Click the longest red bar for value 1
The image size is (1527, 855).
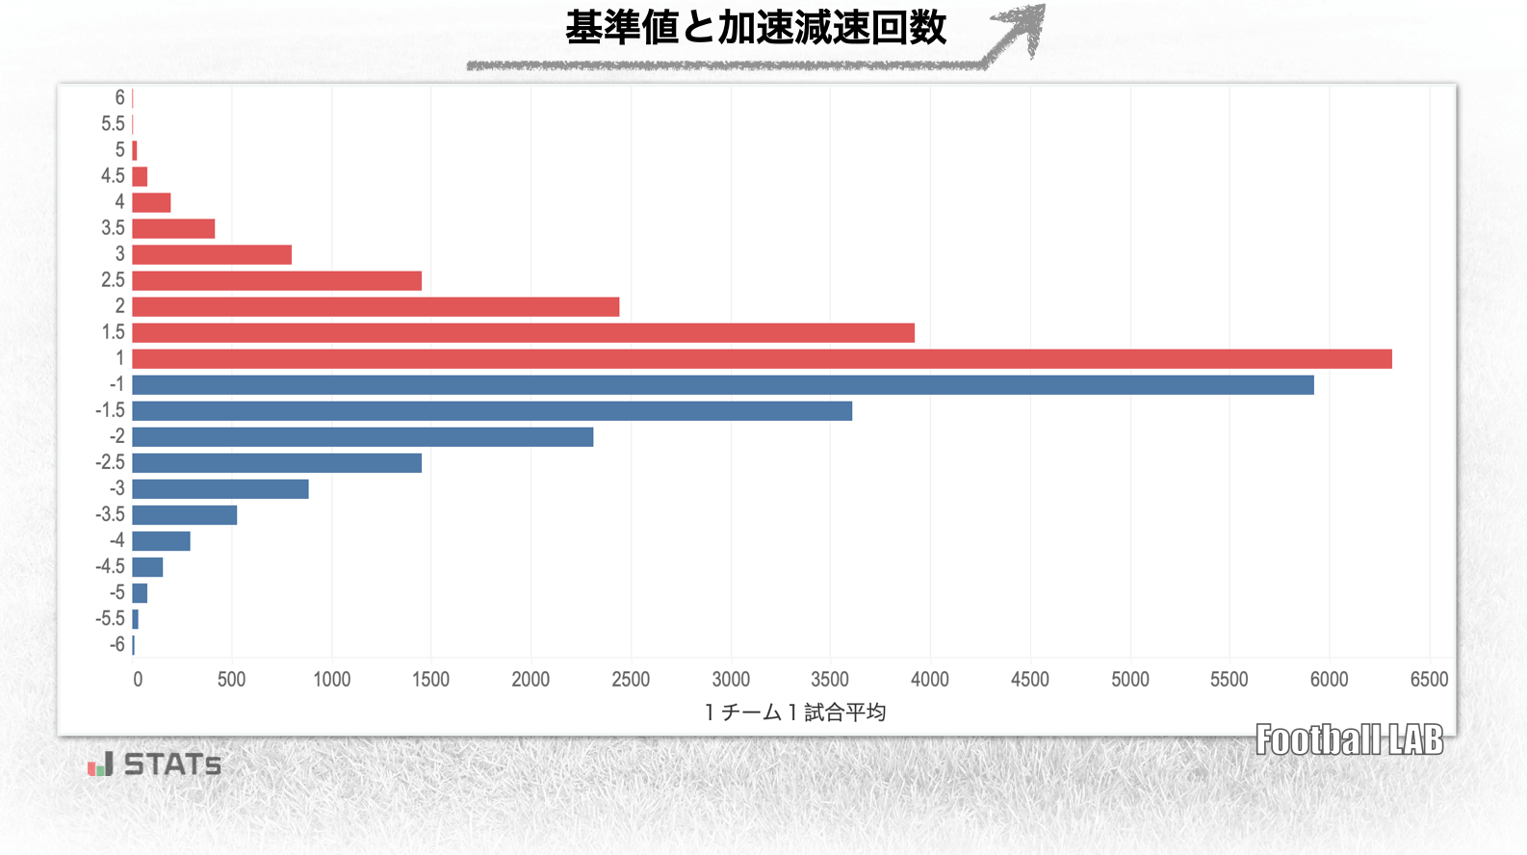click(x=762, y=359)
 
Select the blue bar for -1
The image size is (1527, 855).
click(x=722, y=385)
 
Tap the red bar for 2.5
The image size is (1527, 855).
click(x=276, y=281)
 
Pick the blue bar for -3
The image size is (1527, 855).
click(x=220, y=489)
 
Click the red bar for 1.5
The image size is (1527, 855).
click(x=523, y=333)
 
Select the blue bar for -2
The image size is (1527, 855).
click(x=362, y=437)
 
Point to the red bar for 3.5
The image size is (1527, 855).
click(x=173, y=229)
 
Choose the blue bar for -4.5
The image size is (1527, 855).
click(x=147, y=567)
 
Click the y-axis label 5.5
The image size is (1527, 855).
click(x=113, y=124)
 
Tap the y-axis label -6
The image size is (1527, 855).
click(x=116, y=645)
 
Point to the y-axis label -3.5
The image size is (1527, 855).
click(x=110, y=515)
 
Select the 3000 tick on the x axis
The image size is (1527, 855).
click(x=731, y=680)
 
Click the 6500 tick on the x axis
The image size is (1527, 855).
click(x=1429, y=680)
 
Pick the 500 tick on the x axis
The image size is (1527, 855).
click(x=231, y=680)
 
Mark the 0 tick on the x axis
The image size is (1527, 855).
click(x=138, y=680)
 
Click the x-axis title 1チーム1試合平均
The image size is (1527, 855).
click(x=795, y=712)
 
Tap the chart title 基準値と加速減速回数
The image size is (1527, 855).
click(x=756, y=28)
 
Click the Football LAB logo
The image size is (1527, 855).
click(x=1349, y=740)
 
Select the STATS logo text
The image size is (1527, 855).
click(x=171, y=765)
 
